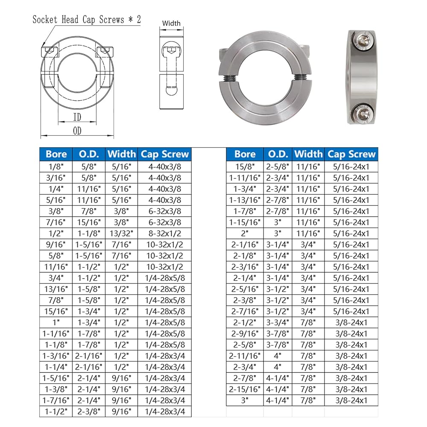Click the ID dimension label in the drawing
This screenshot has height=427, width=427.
click(77, 117)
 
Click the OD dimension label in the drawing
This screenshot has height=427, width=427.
click(77, 131)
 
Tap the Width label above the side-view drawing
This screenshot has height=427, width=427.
click(171, 23)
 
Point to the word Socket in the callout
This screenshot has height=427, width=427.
click(45, 20)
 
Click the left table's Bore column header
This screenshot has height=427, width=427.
click(56, 154)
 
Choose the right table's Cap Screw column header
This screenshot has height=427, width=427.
click(351, 154)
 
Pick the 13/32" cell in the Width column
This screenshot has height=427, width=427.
click(121, 234)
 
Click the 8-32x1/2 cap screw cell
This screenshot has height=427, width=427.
click(164, 234)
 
